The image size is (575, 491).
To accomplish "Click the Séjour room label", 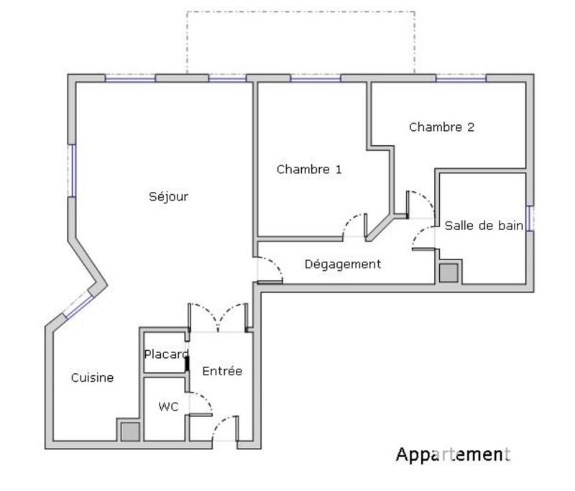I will [168, 196].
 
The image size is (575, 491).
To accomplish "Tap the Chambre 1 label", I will [309, 170].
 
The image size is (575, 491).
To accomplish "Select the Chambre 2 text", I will [441, 127].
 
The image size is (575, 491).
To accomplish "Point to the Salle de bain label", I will [483, 226].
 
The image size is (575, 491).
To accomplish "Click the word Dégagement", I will [342, 264].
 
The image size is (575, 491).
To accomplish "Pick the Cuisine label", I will [92, 377].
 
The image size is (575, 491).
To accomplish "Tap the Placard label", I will [166, 354].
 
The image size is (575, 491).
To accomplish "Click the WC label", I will [168, 407].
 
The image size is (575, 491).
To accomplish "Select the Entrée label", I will [222, 371].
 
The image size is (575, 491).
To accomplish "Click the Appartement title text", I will [452, 454].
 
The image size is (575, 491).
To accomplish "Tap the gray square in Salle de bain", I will [448, 273].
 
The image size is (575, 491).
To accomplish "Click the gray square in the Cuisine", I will [129, 431].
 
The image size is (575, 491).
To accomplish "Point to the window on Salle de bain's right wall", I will [529, 219].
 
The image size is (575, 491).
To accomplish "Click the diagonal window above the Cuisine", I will [78, 306].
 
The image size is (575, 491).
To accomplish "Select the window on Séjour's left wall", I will [72, 170].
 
